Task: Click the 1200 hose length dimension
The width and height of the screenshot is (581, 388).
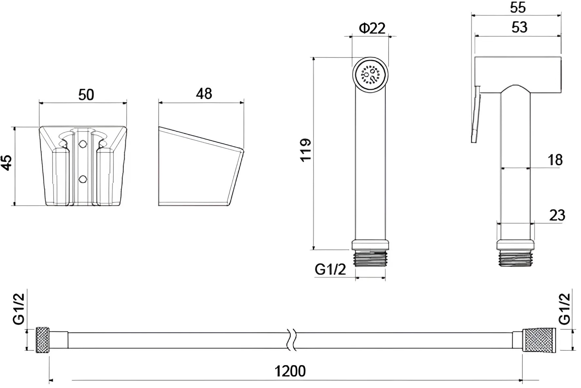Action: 290,371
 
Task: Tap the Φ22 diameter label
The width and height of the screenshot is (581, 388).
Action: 372,28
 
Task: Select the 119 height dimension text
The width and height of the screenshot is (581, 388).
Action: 306,150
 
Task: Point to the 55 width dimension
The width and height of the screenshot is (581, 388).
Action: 518,7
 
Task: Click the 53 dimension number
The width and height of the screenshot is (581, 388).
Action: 519,27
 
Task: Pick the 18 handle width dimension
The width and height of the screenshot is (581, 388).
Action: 555,160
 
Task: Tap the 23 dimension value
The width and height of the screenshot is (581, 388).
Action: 557,215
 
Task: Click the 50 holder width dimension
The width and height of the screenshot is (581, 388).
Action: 86,95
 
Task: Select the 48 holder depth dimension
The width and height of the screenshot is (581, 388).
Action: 204,94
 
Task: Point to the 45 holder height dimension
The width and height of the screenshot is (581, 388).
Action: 7,163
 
